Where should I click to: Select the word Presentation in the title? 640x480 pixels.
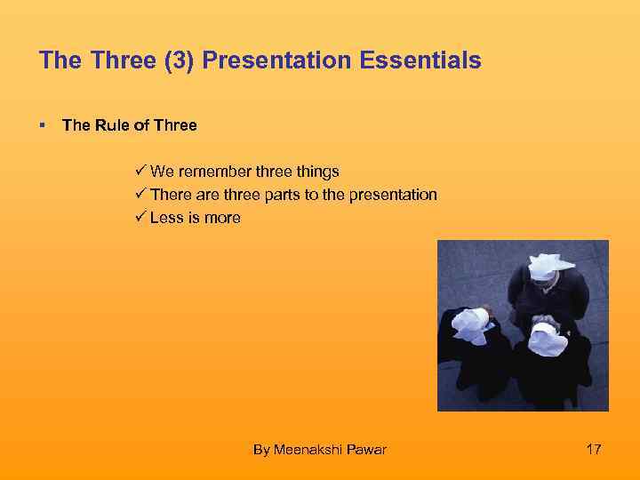262,60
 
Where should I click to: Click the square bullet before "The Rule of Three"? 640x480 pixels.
43,125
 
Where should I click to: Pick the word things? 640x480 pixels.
316,172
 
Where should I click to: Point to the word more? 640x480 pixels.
222,218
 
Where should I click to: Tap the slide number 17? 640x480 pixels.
594,449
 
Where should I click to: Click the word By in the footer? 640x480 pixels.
261,450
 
